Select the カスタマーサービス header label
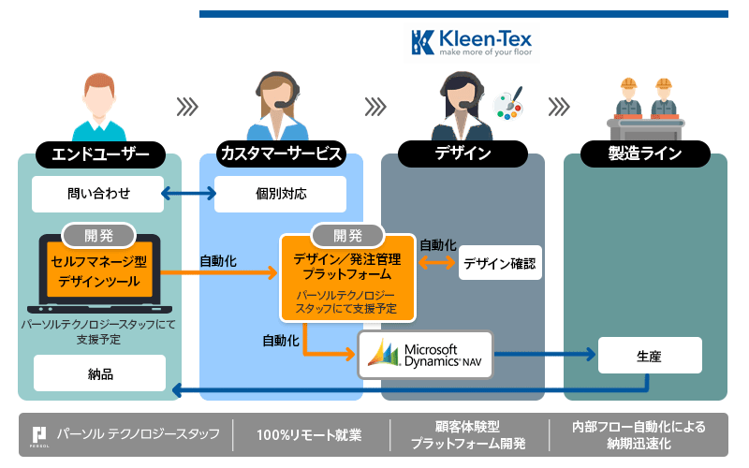(281, 154)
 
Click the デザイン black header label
(463, 154)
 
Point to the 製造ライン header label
(645, 154)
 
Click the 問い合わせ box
(97, 195)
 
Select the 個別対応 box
(281, 195)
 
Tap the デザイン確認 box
(500, 264)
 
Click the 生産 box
(649, 356)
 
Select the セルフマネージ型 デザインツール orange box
(100, 271)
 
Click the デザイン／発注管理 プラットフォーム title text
(347, 267)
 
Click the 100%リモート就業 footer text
(310, 435)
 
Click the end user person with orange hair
(98, 104)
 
